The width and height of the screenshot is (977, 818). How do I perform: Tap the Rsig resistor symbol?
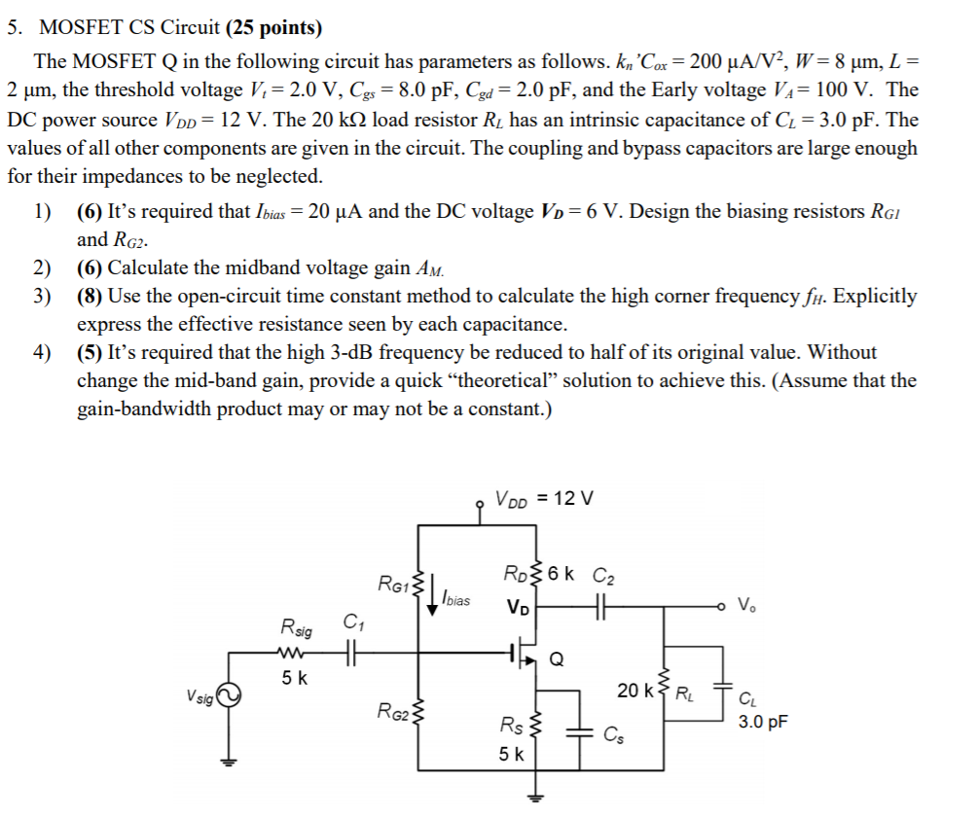(x=291, y=654)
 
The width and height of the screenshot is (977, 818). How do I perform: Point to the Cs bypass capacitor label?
(x=613, y=734)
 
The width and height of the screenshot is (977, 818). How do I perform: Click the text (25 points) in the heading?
(x=265, y=27)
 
